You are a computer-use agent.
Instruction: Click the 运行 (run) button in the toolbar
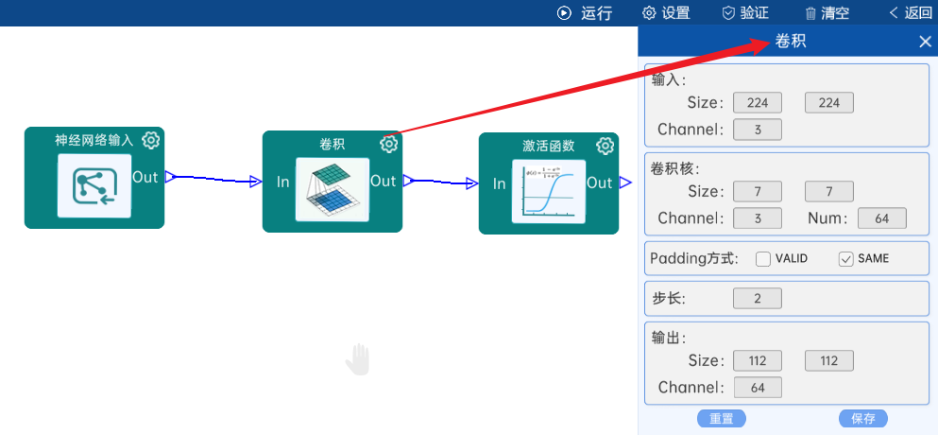tap(585, 13)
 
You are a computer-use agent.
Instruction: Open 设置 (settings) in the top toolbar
tap(666, 13)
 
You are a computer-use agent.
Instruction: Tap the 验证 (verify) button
tap(745, 13)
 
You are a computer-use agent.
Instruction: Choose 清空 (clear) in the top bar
tap(827, 13)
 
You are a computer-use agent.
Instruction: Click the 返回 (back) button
tap(911, 13)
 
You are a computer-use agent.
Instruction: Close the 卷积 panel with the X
tap(926, 42)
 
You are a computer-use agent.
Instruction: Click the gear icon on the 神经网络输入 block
tap(151, 141)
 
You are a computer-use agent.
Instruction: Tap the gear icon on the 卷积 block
tap(389, 144)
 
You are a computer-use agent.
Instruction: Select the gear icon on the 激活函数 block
tap(605, 146)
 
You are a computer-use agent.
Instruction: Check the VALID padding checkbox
tap(763, 259)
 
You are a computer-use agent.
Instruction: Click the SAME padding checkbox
tap(846, 259)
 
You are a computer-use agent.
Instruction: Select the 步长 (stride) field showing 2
tap(757, 299)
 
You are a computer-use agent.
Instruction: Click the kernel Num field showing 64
tap(881, 218)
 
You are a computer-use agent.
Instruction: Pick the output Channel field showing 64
tap(757, 387)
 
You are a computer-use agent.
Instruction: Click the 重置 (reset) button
tap(722, 419)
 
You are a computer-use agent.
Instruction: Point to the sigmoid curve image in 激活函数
tap(548, 192)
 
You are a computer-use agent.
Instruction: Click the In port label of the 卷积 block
tap(283, 182)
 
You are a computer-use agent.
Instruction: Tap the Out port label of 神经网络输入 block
tap(145, 177)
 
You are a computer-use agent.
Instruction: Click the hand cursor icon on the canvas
tap(358, 359)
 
